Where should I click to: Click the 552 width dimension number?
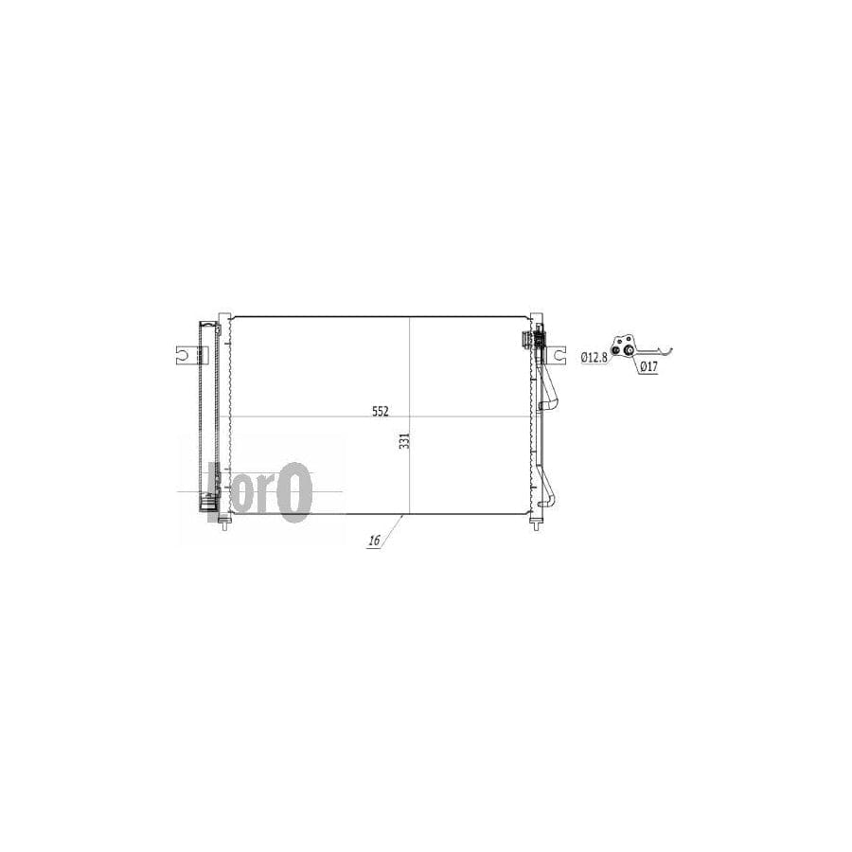[x=380, y=411]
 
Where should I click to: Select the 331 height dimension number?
[x=403, y=440]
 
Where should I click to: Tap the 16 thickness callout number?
[x=373, y=541]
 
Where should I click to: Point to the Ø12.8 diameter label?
[x=593, y=357]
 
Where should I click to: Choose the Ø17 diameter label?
[x=648, y=366]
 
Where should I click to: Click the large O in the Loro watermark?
[x=295, y=492]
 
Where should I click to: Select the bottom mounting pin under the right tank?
[x=536, y=524]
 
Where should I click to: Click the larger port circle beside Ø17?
[x=627, y=353]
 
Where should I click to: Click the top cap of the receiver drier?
[x=209, y=325]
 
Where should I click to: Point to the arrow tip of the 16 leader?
[x=402, y=516]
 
